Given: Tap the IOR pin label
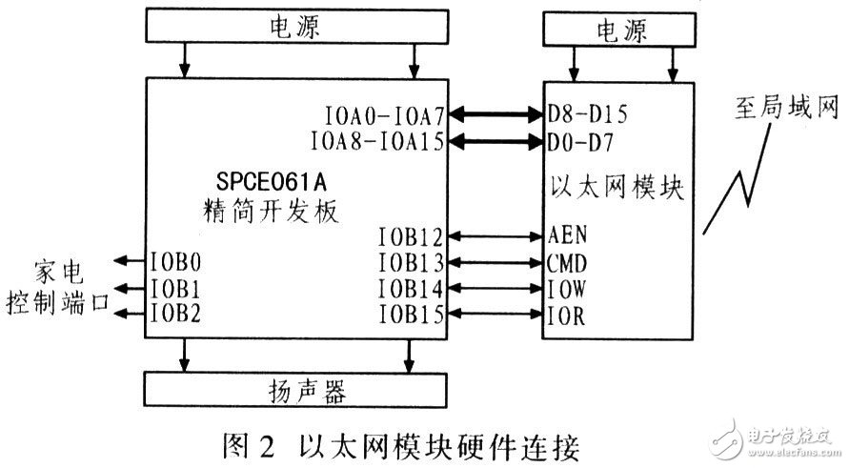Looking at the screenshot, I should [565, 314].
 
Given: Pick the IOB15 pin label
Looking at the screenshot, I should [411, 314].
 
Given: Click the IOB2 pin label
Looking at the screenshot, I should [176, 313].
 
